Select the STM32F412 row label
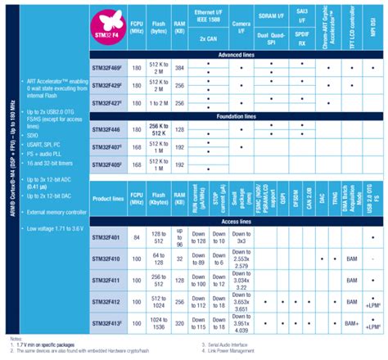tap(111, 300)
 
